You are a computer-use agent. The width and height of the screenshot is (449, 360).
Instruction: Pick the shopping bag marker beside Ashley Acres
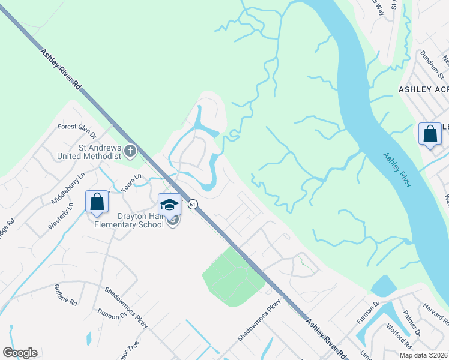pos(430,134)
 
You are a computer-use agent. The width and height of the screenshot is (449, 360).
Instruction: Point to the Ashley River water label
pos(397,170)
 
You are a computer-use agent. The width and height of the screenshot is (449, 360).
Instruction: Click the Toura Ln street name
pos(130,181)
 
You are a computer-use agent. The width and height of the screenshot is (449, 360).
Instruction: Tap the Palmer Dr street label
pos(414,323)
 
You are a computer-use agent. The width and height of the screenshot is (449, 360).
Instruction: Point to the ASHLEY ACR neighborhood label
pos(424,89)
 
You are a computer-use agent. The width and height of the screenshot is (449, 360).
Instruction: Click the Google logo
pos(20,353)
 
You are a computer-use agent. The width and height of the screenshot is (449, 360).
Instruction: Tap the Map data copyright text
pos(423,355)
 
